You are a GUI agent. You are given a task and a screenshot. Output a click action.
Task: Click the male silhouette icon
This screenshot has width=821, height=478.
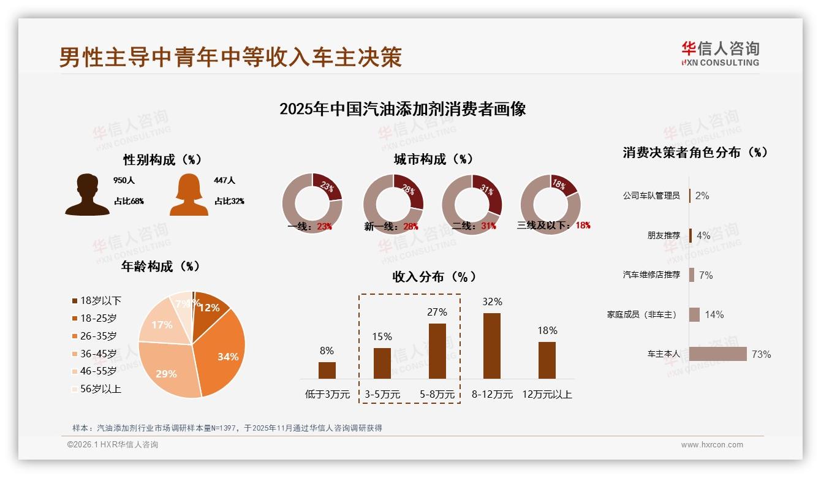click(x=87, y=194)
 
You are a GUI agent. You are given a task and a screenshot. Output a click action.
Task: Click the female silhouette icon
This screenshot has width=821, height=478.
click(x=189, y=194)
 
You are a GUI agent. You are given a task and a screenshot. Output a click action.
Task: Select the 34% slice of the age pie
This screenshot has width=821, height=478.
click(x=224, y=355)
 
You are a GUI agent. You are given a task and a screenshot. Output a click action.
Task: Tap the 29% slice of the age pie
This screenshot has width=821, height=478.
click(x=167, y=371)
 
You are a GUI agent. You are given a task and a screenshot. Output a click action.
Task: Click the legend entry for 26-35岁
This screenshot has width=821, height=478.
click(x=98, y=336)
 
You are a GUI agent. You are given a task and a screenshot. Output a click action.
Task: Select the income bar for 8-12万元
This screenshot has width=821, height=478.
click(x=492, y=346)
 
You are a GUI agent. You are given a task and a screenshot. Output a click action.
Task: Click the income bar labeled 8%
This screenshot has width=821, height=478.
click(x=327, y=370)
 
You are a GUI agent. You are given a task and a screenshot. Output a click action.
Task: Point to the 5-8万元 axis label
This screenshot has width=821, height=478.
click(x=437, y=395)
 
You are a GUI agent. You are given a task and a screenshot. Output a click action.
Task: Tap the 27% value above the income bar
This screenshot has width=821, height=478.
click(x=437, y=312)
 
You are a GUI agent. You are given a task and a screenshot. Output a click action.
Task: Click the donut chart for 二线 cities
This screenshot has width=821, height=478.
click(x=472, y=203)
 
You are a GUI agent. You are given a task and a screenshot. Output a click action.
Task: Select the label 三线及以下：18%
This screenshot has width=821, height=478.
click(x=553, y=226)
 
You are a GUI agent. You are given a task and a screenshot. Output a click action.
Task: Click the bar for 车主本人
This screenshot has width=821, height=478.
click(x=717, y=354)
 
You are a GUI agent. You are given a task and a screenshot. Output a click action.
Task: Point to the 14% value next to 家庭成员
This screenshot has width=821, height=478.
click(x=714, y=314)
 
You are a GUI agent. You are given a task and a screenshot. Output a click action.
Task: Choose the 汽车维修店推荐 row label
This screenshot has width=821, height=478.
click(x=651, y=275)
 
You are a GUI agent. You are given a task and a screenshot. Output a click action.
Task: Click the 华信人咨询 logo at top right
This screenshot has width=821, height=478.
click(x=720, y=54)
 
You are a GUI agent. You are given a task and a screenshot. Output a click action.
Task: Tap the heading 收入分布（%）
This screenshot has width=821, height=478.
click(x=434, y=277)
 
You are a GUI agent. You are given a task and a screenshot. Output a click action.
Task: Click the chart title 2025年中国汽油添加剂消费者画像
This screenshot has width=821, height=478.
click(x=403, y=109)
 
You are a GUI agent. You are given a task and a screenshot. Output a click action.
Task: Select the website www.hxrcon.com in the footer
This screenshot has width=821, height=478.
click(x=711, y=445)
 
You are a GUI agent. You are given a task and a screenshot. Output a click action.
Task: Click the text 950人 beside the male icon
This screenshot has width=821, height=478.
click(x=123, y=181)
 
